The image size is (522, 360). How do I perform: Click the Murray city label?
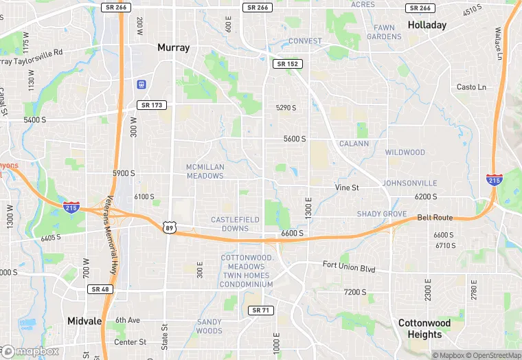pos(173,47)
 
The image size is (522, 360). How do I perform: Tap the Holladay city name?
pos(427,25)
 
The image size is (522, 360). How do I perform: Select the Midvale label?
pos(84,321)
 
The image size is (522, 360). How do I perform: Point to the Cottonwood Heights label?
pos(424,329)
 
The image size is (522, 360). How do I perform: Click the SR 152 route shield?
pos(288,64)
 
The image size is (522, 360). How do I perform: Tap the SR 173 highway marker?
pos(151,105)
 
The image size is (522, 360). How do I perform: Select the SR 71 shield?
pos(261,311)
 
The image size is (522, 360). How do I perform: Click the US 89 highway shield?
pos(170,227)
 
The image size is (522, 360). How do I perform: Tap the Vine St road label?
pos(347,187)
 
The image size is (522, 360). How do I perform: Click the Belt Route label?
pos(435,217)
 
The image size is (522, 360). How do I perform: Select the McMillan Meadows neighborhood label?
pos(205,171)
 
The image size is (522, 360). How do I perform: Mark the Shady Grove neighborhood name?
pos(382,214)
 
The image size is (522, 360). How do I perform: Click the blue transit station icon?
pos(141,85)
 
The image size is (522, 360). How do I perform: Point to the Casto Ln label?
pos(471,87)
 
